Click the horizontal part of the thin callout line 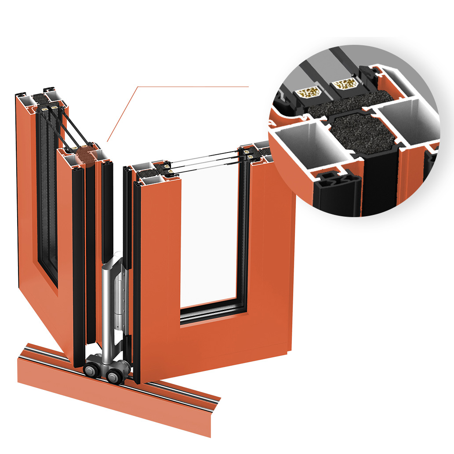(x=193, y=87)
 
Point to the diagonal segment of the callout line (x=123, y=114)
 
